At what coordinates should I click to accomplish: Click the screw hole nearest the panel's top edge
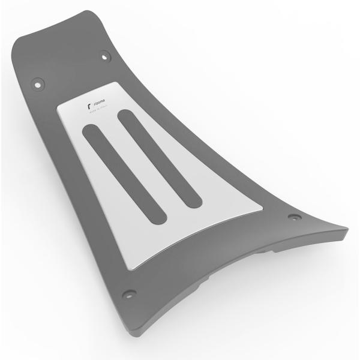[x=106, y=56]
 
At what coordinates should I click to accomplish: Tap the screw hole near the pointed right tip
[x=293, y=217]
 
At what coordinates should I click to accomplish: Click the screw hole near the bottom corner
[x=128, y=294]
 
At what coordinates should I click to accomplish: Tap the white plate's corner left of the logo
[x=59, y=109]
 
